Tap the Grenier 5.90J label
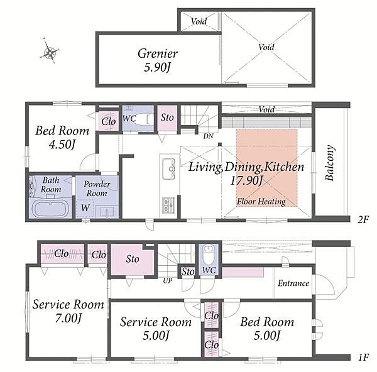coord(158,60)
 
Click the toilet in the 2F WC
coord(143,119)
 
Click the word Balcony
coord(329,163)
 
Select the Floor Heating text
coord(261,202)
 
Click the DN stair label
coord(208,136)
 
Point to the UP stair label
coord(167,280)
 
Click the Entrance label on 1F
coord(293,283)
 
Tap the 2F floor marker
coord(363,219)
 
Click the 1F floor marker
coord(363,358)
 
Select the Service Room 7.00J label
coord(68,311)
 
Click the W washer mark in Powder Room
coord(85,208)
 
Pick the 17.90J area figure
coord(246,180)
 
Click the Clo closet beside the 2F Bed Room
coord(109,121)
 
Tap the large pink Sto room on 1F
coord(133,260)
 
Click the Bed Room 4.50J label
coord(62,138)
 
